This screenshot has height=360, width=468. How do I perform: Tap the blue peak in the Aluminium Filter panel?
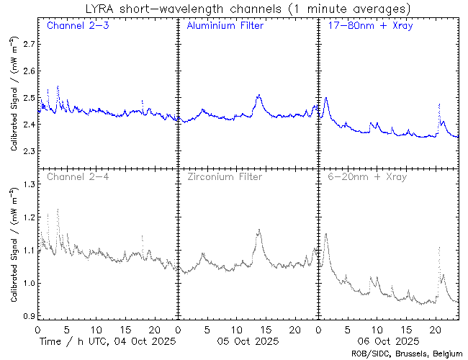click(x=258, y=95)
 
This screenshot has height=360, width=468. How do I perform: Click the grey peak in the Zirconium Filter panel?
click(x=259, y=230)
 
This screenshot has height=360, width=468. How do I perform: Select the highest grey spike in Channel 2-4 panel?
click(x=58, y=210)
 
